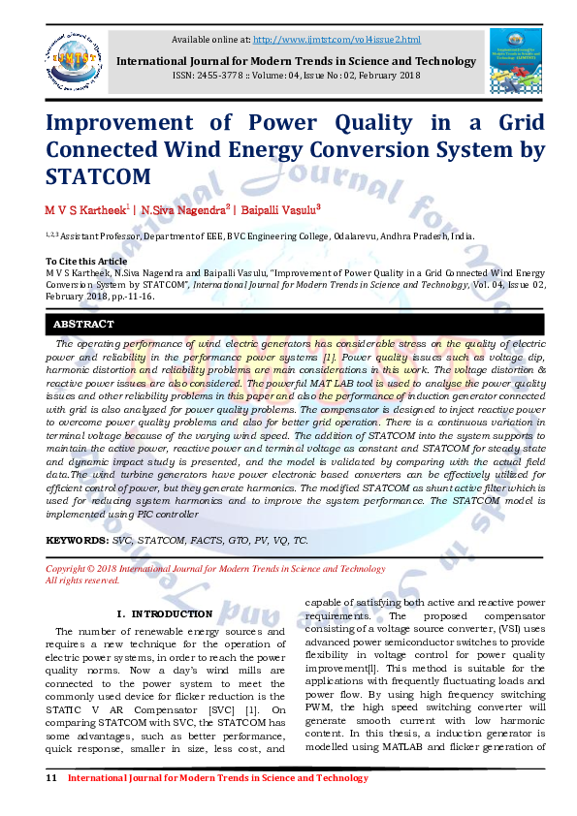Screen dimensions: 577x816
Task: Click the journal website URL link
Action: pos(337,39)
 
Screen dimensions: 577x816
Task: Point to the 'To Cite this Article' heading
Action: pos(86,262)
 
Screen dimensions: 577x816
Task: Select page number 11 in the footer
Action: pos(51,778)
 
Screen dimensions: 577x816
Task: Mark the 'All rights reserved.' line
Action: pos(83,581)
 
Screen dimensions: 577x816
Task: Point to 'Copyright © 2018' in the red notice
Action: pos(83,569)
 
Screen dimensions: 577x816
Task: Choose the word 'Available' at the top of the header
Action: pos(192,39)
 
